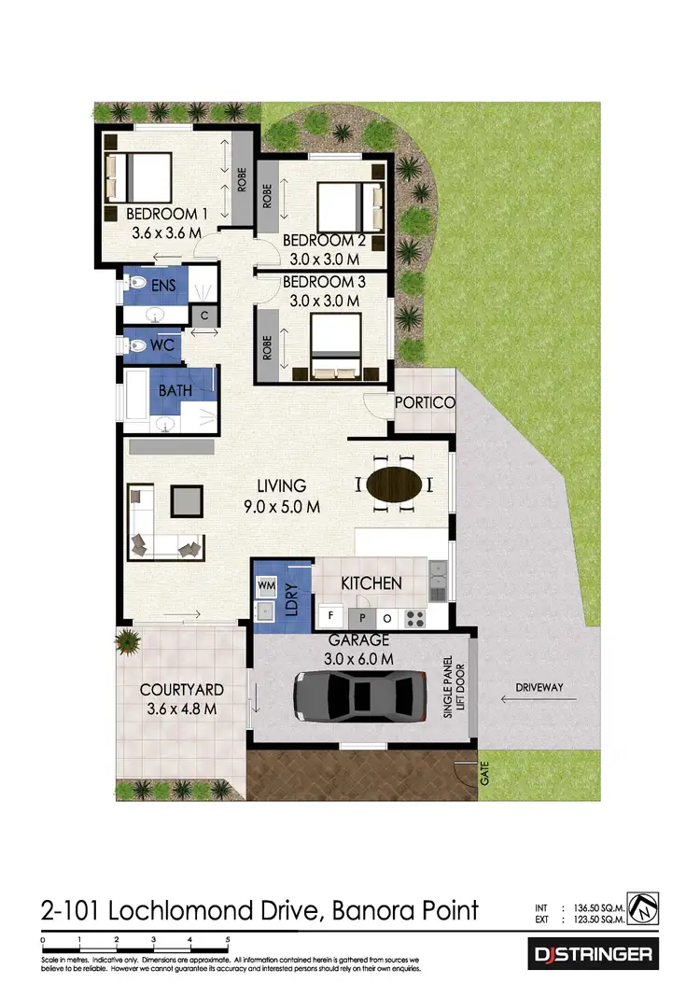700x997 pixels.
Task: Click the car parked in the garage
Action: pyautogui.click(x=354, y=696)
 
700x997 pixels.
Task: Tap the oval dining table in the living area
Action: pyautogui.click(x=392, y=484)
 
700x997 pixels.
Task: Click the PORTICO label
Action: pyautogui.click(x=424, y=402)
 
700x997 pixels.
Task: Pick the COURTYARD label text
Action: pyautogui.click(x=181, y=690)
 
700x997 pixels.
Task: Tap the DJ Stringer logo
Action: pyautogui.click(x=593, y=955)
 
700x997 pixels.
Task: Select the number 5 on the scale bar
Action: pyautogui.click(x=227, y=940)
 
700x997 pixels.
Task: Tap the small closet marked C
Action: pyautogui.click(x=203, y=316)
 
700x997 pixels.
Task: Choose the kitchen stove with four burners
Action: pyautogui.click(x=413, y=617)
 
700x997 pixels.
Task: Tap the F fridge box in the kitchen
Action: pyautogui.click(x=329, y=617)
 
